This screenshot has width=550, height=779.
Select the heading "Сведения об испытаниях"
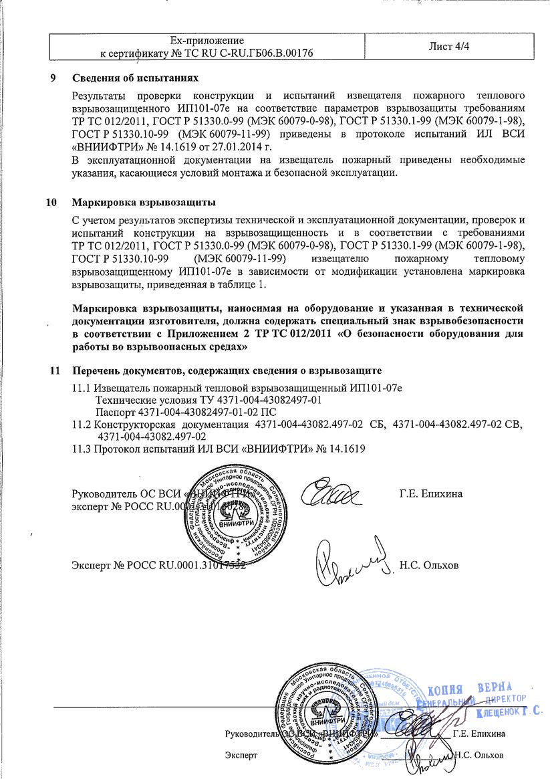[136, 78]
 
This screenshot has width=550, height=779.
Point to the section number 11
[55, 370]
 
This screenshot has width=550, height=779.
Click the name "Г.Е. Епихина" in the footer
[479, 734]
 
